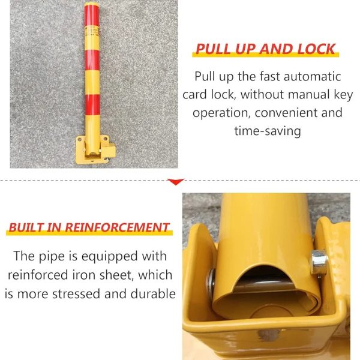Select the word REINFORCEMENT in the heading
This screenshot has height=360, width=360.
118,227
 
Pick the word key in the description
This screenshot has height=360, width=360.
343,95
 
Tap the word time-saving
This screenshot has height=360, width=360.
268,131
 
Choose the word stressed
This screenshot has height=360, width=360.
76,293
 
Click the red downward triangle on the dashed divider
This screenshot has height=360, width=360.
176,182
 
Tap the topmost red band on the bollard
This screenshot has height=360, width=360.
92,16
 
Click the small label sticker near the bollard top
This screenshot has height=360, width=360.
92,31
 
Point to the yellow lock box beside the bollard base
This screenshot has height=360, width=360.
109,151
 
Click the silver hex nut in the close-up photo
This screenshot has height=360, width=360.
319,262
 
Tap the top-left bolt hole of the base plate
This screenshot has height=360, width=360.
80,139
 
